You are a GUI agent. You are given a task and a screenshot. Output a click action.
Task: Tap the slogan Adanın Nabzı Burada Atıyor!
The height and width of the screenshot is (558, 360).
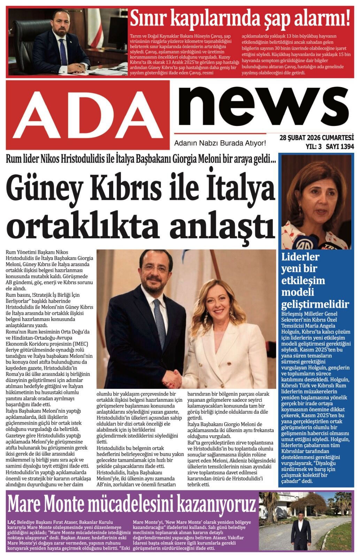pos(220,143)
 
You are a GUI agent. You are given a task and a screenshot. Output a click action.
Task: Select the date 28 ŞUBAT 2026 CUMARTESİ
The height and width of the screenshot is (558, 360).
pos(316,137)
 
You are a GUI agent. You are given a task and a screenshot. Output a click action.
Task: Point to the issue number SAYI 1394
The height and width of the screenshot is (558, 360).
pos(339,147)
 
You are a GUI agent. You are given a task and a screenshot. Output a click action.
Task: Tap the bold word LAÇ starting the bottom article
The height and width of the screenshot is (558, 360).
pos(12,522)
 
